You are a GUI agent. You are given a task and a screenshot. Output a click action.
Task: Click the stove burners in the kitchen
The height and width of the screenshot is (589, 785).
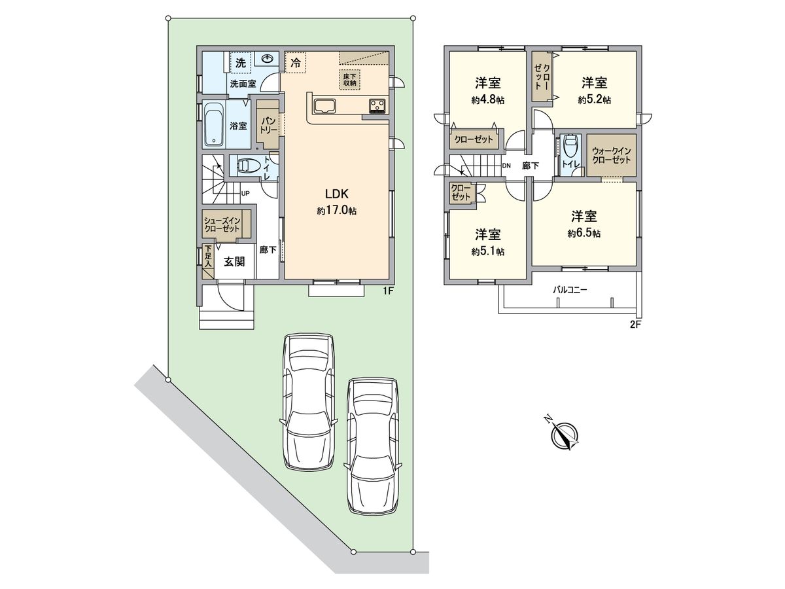(x=377, y=105)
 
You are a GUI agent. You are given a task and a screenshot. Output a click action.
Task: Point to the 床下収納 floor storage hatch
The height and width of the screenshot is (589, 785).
(x=349, y=78)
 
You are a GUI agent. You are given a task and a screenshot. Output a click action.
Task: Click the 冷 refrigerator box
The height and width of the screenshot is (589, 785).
(x=296, y=63)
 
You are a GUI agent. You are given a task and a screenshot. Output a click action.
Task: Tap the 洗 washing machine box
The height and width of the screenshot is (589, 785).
(x=240, y=63)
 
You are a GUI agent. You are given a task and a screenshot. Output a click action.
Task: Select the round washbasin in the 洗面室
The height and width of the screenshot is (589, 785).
(x=268, y=60)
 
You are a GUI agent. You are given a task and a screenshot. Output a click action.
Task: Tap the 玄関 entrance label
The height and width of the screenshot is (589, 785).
(x=234, y=261)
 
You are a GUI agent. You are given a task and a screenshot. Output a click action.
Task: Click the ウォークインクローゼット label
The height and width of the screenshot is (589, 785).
(x=611, y=155)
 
